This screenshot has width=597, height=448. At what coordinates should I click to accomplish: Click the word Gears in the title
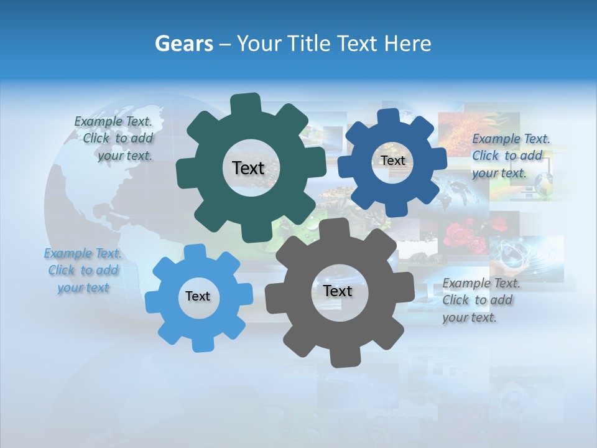tap(183, 44)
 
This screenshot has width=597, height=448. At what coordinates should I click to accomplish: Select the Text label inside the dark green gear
tap(248, 168)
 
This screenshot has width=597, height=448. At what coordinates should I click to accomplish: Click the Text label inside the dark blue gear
tap(392, 161)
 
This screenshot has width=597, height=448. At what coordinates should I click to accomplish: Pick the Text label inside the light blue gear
tap(198, 296)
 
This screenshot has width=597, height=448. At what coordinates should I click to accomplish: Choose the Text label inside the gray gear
tap(338, 291)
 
